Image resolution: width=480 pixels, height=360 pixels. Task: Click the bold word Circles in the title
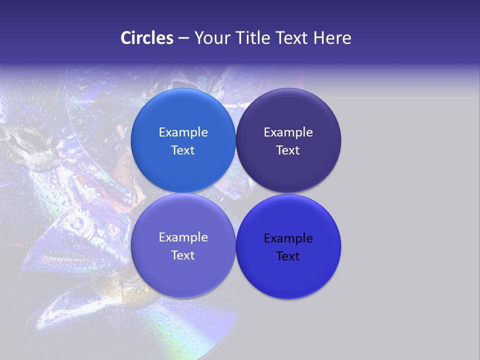coord(147,38)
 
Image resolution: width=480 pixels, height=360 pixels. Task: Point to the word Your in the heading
coord(211,38)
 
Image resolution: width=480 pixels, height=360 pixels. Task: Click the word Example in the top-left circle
coord(183,132)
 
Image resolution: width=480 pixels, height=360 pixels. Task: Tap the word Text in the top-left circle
coord(183,150)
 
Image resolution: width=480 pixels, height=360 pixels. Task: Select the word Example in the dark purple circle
coord(288,132)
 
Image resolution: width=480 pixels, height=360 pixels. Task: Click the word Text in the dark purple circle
coord(288,150)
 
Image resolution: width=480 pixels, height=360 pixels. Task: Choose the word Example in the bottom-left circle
coord(183,237)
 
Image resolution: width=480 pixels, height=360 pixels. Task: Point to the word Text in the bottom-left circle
coord(183,255)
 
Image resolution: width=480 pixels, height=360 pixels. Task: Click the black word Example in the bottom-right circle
coord(288,238)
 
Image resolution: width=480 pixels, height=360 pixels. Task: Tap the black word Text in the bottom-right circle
coord(288,256)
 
